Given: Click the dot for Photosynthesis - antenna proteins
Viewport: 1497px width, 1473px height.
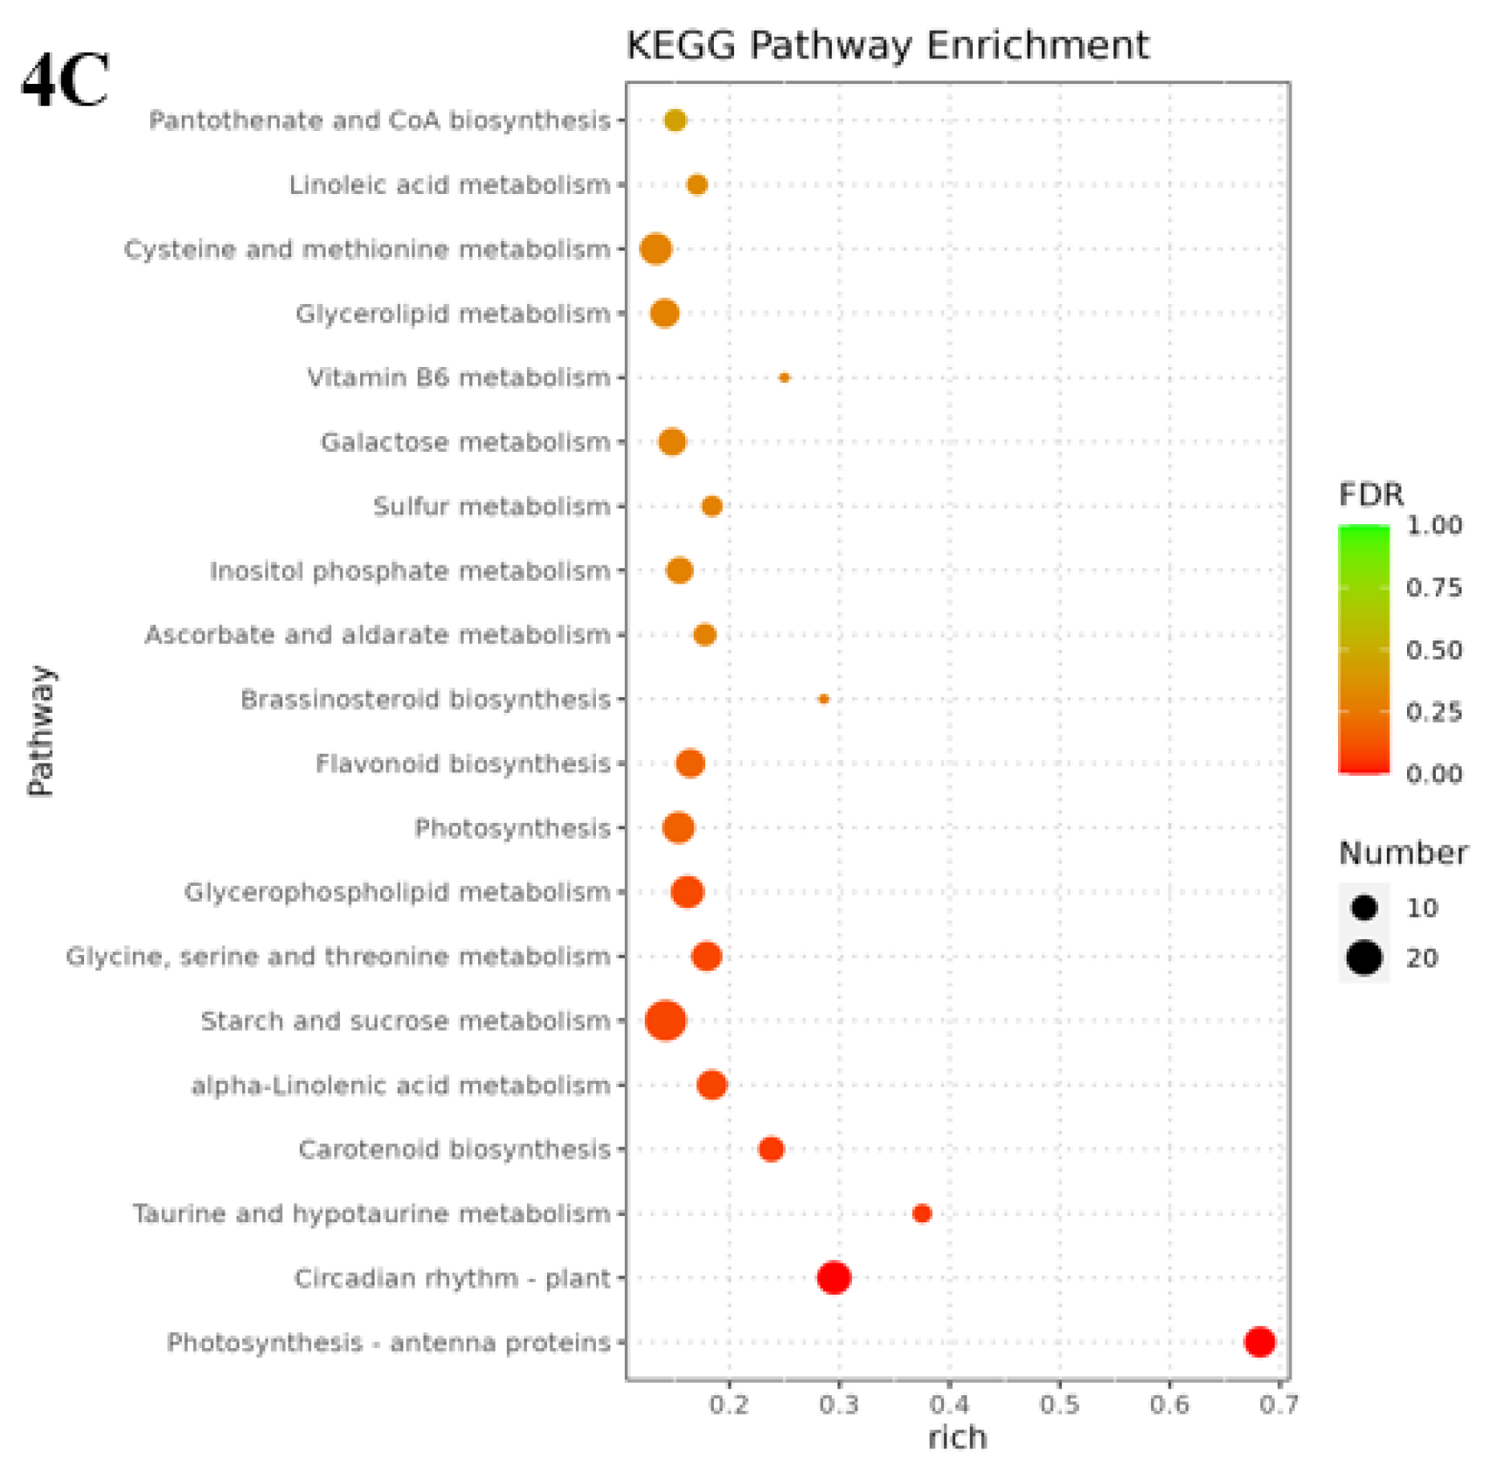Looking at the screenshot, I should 1259,1341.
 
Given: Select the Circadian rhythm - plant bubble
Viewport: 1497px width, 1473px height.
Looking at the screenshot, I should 834,1277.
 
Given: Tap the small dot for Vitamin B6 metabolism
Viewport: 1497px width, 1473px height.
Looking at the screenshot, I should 784,377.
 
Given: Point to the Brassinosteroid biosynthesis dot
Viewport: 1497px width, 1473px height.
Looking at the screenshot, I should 823,699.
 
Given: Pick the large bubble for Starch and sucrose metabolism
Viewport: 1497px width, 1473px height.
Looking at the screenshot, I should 665,1020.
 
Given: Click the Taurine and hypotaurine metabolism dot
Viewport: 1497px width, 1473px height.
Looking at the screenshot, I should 921,1214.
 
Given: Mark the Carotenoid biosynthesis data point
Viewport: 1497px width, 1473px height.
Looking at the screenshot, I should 771,1149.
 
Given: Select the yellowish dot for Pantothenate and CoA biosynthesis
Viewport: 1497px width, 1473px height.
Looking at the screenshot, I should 675,120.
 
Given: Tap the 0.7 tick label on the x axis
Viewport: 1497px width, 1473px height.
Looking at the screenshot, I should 1279,1405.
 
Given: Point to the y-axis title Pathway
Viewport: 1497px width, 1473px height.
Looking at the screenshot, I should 40,730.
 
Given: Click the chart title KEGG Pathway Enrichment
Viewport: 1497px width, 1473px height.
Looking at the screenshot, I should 887,45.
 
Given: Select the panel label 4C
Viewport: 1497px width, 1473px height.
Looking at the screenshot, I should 65,80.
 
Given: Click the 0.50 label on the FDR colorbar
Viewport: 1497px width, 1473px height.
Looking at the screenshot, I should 1433,650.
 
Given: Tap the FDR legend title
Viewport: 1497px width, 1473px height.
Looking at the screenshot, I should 1370,495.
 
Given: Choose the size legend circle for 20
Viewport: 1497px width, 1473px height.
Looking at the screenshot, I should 1363,958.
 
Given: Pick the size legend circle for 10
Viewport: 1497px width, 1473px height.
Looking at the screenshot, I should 1363,908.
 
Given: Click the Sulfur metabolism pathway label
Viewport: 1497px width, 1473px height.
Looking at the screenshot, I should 491,507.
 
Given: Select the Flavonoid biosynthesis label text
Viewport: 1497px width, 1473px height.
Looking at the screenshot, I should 462,764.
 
